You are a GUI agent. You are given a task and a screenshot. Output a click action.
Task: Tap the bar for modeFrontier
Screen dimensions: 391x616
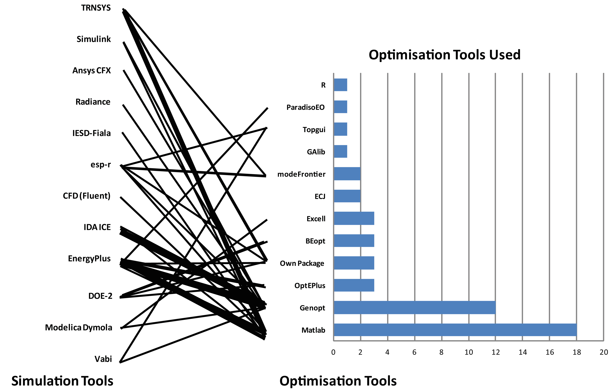[347, 174]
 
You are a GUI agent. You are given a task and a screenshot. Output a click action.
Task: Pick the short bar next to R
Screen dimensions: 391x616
[340, 85]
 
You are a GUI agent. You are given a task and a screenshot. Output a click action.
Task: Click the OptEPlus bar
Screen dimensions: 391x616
[354, 285]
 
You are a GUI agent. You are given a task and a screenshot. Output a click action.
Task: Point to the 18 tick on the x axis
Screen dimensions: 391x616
[577, 352]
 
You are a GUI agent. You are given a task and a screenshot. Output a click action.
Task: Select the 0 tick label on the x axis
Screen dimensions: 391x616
[333, 352]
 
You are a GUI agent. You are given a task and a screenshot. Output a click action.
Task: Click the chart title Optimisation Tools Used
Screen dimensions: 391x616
[444, 55]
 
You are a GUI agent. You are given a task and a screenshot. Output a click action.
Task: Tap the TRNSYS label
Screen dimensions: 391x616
[96, 8]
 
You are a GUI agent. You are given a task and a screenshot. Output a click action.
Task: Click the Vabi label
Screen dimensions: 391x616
[103, 359]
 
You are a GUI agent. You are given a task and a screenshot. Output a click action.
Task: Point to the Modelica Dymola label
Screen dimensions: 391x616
[79, 328]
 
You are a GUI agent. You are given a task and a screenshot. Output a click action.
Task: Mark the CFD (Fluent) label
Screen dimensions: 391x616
[87, 196]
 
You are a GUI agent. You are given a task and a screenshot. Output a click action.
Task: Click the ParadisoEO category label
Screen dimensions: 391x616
[306, 107]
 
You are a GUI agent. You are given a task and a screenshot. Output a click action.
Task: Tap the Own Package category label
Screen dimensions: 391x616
[302, 263]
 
